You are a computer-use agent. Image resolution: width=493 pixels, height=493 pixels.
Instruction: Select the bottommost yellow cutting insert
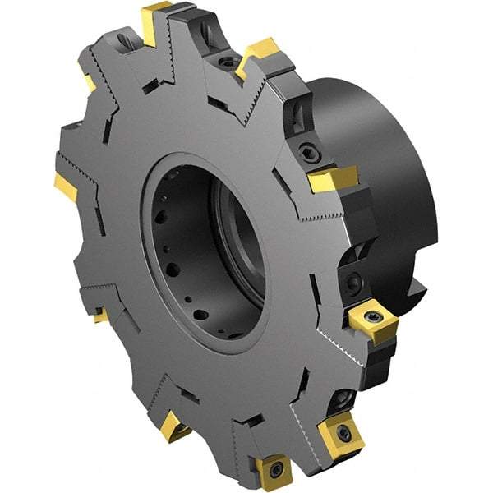coord(273,471)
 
